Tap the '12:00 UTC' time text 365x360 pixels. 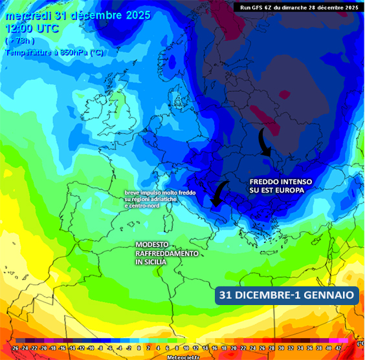pyautogui.click(x=32, y=28)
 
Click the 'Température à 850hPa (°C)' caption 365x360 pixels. pyautogui.click(x=54, y=52)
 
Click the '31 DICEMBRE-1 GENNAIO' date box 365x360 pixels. pyautogui.click(x=287, y=295)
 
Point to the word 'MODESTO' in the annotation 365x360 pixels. pyautogui.click(x=152, y=244)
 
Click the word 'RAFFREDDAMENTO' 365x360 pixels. pyautogui.click(x=167, y=254)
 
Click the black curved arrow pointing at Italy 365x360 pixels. pyautogui.click(x=219, y=194)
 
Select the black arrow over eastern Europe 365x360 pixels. pyautogui.click(x=265, y=143)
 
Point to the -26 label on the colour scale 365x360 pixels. pyautogui.click(x=15, y=348)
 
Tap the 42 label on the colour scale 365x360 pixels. pyautogui.click(x=337, y=348)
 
